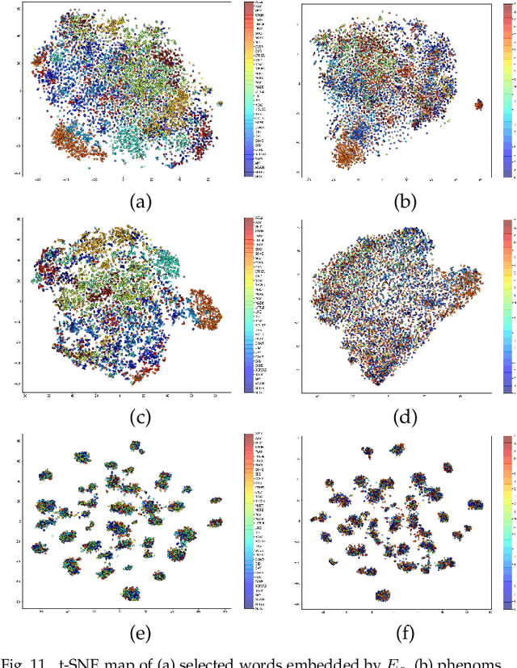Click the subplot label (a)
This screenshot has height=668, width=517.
click(142, 202)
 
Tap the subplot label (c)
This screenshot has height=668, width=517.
click(142, 418)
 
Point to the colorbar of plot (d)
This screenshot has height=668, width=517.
click(506, 305)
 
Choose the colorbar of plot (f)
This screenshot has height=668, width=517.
click(506, 521)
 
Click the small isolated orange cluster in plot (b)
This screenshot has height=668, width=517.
click(479, 104)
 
